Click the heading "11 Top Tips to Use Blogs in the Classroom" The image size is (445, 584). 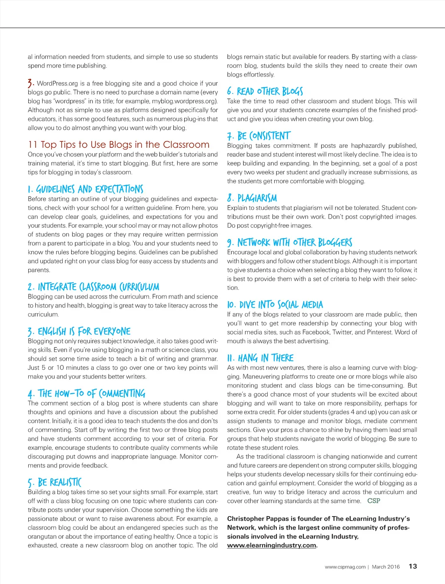pos(118,145)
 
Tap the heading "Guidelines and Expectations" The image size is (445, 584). pos(86,189)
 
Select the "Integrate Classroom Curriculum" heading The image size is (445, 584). pos(93,287)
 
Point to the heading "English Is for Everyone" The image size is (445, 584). pos(79,332)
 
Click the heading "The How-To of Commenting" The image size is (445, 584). pos(86,394)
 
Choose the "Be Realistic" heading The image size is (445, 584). pos(54,482)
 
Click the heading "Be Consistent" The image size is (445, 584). pos(259,136)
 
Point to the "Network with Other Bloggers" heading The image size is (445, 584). pos(289,242)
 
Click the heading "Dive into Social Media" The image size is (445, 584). pos(275,305)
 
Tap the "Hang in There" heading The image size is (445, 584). pos(260,358)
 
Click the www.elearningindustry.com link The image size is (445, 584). pos(272,545)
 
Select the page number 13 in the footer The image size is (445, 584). pos(412,566)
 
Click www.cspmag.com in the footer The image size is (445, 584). pos(345,567)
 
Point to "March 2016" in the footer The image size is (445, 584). pos(385,567)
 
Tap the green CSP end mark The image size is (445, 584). pos(373,501)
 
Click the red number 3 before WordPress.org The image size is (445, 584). pos(30,83)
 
